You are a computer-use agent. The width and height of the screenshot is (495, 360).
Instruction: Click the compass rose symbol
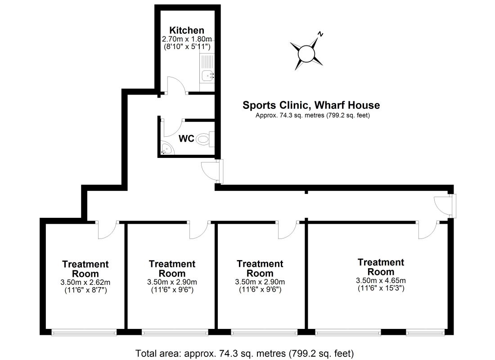307,54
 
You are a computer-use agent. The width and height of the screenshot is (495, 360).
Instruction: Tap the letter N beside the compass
321,34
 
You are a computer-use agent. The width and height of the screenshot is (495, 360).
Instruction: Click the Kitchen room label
186,30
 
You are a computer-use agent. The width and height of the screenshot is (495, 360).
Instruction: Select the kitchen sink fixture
207,76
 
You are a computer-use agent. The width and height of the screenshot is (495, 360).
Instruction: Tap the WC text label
186,139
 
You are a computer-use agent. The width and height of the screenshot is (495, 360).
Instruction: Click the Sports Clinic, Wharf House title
311,105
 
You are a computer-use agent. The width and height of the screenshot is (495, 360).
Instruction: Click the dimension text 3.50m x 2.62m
85,282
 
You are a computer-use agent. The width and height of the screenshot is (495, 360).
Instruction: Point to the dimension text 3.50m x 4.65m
380,280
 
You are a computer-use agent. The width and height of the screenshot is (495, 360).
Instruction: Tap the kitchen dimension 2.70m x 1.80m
186,39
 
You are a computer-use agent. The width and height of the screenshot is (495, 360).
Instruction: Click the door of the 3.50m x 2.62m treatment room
107,230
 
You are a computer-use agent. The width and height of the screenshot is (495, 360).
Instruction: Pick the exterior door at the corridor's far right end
443,207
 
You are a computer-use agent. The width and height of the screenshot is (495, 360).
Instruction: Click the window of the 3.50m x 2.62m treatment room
84,333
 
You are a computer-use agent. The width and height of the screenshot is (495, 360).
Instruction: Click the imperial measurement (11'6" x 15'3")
380,288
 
